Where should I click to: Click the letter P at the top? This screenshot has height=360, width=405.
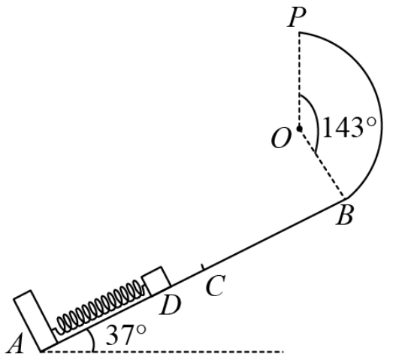[x=297, y=17]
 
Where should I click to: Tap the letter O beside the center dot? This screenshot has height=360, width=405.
[x=281, y=138]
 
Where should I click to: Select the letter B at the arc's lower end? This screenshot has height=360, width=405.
[x=345, y=215]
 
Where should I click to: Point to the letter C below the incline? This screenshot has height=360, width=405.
[x=216, y=286]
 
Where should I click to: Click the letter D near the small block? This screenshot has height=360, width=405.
[x=171, y=305]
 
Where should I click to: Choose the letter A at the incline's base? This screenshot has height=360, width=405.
[x=16, y=343]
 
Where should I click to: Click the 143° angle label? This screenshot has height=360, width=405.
[x=349, y=128]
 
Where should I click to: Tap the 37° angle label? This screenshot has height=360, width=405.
[x=126, y=335]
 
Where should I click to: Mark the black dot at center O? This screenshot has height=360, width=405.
[x=299, y=129]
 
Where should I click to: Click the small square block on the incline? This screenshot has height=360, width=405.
[x=157, y=281]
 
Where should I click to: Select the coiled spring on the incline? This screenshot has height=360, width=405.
[x=100, y=307]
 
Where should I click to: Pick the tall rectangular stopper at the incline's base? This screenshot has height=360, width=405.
[x=35, y=321]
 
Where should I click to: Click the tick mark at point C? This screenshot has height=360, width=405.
[x=204, y=268]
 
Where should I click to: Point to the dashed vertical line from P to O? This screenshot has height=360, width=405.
[x=299, y=80]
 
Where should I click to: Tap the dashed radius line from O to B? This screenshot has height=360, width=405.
[x=322, y=163]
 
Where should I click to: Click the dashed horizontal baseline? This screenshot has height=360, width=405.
[x=163, y=352]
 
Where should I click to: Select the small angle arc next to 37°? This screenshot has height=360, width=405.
[x=92, y=339]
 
